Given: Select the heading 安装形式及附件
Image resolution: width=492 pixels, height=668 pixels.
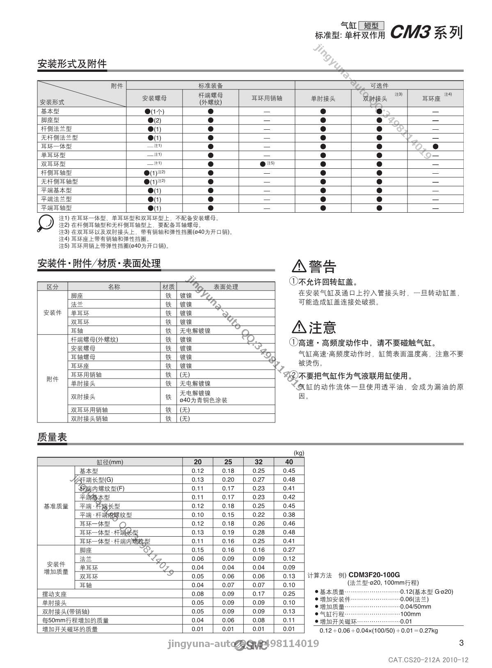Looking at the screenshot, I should coord(72,64).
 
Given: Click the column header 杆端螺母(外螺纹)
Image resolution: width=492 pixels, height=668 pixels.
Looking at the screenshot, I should coord(210,98).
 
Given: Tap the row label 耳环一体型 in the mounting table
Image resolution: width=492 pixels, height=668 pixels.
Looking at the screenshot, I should coord(56,146).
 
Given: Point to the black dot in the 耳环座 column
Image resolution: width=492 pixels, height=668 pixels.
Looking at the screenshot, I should coord(435,146).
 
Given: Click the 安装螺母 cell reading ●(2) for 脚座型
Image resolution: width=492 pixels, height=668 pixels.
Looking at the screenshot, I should coord(154,120).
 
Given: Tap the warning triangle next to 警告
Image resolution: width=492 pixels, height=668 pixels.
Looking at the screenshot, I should coord(299,266).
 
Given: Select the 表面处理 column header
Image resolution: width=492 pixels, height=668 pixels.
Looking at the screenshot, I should coord(226,287).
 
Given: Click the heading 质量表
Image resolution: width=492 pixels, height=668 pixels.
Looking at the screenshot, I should coord(52,437).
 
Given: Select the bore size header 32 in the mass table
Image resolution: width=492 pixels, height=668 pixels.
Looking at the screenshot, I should coord(259,462).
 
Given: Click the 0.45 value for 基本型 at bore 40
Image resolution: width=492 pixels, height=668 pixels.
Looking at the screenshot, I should coord(289,471).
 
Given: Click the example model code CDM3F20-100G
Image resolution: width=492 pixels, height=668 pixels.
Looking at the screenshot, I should coord(374,575).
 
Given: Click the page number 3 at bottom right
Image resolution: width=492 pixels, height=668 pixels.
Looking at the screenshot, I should coord(461,643).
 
